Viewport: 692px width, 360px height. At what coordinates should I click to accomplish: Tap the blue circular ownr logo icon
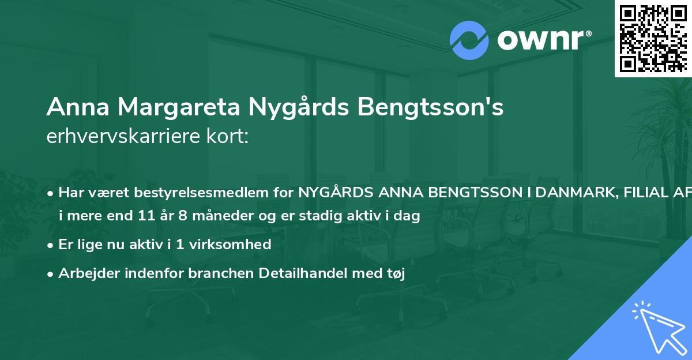[x=470, y=40]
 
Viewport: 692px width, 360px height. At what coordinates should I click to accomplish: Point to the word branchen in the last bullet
[x=216, y=274]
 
